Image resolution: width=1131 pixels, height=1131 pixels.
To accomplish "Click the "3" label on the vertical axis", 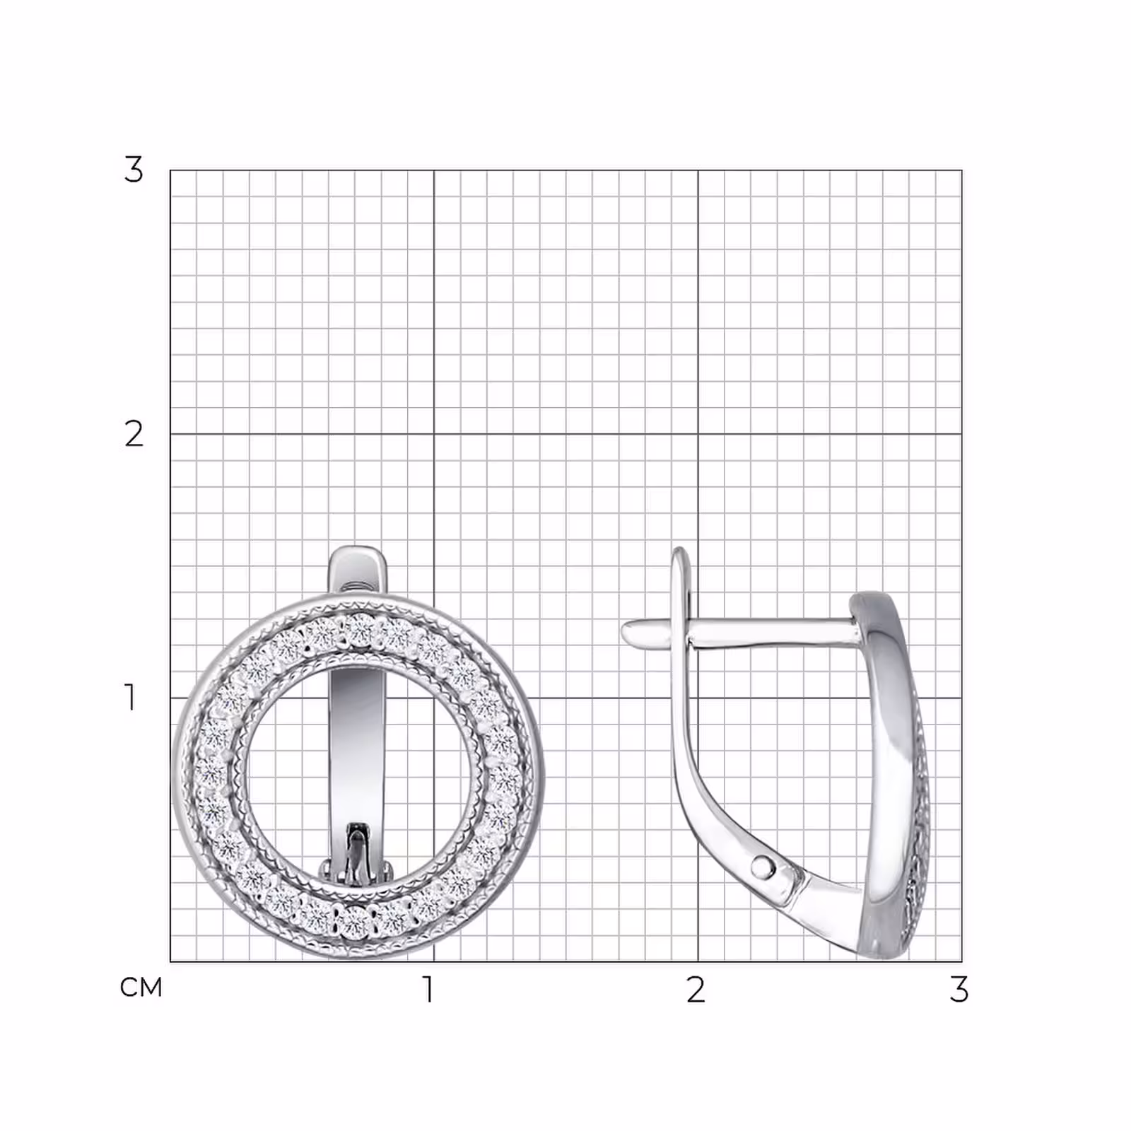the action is (134, 170).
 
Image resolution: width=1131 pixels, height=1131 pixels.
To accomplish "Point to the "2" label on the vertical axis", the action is (134, 434).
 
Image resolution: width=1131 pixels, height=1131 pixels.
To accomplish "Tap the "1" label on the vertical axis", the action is (130, 697).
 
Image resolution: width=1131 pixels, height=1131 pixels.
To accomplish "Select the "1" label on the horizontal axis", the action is (428, 990).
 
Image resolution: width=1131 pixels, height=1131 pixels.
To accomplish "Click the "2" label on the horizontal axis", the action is (696, 990).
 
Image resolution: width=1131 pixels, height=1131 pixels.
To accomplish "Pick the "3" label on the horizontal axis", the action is (959, 990).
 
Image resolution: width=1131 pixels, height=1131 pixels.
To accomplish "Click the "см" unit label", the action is (141, 988).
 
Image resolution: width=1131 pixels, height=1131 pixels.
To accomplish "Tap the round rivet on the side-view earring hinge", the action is (763, 865).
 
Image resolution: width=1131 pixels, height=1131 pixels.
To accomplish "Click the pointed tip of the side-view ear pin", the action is (624, 631).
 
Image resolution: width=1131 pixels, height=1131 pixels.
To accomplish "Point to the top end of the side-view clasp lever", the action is (679, 550).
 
